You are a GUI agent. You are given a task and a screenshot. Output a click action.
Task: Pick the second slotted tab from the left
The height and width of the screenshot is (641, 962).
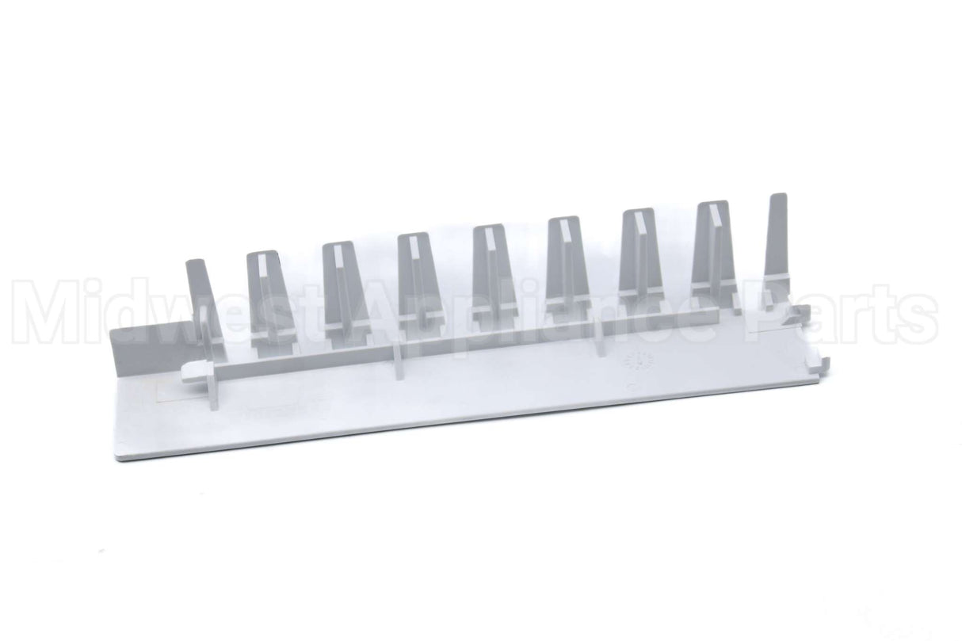342,285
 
